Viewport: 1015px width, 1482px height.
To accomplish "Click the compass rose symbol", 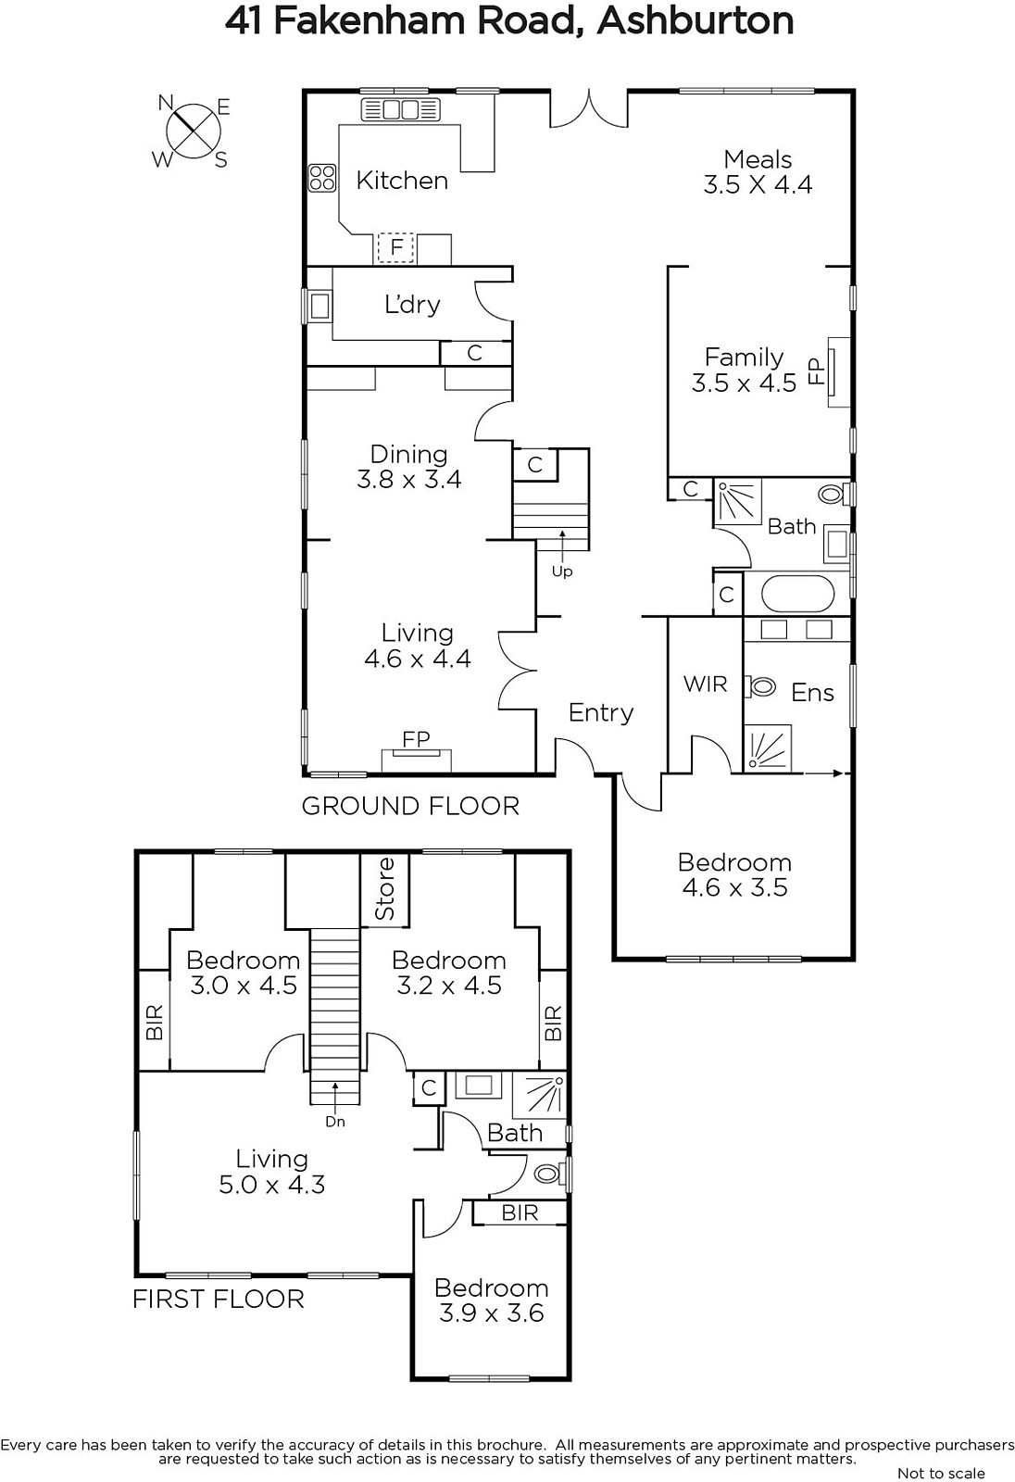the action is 193,131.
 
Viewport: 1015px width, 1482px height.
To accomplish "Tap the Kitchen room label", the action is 402,180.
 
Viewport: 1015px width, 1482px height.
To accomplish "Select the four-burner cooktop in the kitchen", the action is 322,178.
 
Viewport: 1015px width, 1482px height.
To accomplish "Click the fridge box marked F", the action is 395,248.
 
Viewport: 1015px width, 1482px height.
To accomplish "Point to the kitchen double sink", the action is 400,109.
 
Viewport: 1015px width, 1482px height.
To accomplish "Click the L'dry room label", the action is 412,305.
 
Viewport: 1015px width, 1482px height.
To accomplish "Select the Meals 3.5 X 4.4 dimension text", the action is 758,184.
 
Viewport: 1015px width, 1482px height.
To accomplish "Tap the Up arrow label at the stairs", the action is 562,571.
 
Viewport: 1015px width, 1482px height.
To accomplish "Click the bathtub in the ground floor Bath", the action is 798,594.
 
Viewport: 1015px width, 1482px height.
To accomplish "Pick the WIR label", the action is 705,684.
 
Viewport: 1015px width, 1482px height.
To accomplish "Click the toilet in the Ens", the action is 761,686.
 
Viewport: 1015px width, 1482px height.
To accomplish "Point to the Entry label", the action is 601,712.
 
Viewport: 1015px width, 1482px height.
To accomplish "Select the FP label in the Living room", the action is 416,738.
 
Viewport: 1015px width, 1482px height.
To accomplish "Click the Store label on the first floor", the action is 384,888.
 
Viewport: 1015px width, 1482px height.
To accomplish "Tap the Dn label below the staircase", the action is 335,1122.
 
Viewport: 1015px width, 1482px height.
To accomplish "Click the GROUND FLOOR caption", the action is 410,806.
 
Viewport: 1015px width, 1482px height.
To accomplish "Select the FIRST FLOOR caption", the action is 219,1299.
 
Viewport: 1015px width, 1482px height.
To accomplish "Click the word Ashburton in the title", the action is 695,20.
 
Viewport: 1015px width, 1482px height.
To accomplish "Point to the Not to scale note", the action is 941,1473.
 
